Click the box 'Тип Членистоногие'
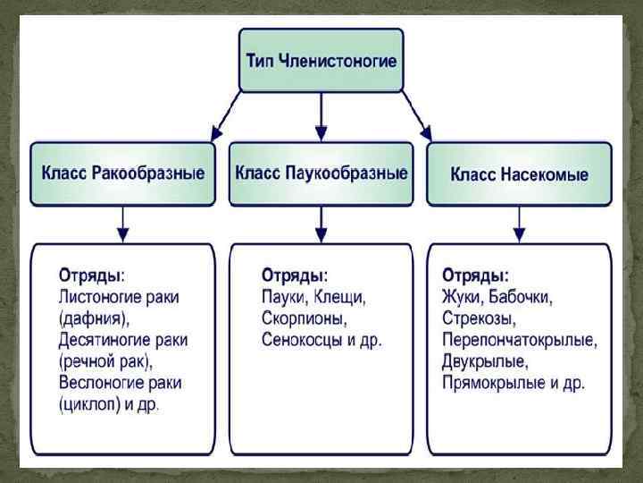pos(321,60)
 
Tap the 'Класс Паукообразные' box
pos(321,172)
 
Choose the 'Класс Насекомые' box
pos(520,174)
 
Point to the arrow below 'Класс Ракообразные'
pos(123,223)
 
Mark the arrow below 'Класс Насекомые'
pos(520,223)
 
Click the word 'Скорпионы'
pos(304,318)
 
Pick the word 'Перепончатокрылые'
pos(518,340)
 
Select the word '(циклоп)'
pos(93,404)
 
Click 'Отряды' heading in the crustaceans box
pos(91,273)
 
